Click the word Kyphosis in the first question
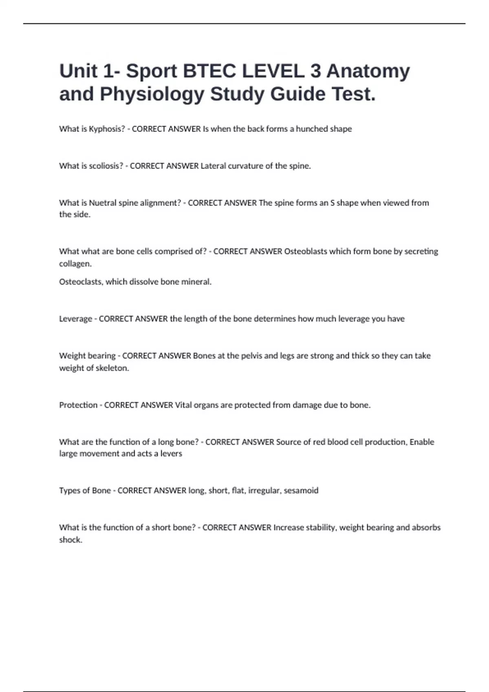[107, 129]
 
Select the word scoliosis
[106, 166]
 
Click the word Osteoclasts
[80, 282]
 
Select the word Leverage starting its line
[75, 319]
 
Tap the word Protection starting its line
[78, 405]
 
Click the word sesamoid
[301, 491]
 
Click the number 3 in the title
[315, 71]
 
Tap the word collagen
[75, 264]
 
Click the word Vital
[183, 405]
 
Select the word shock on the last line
[70, 540]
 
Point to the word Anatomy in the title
[368, 71]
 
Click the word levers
[171, 453]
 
